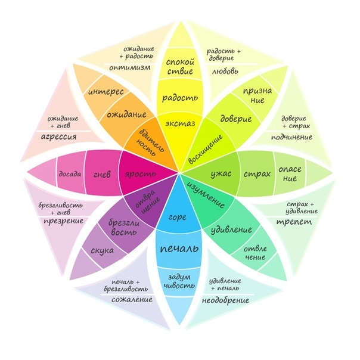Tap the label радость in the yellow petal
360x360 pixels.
179,97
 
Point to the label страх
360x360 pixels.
257,175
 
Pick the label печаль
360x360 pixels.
179,246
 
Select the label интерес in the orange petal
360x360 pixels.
105,93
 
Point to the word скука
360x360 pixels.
103,250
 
